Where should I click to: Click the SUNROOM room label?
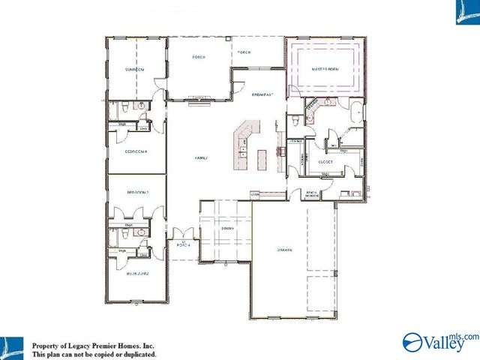click(135, 69)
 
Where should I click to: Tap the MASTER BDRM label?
click(326, 69)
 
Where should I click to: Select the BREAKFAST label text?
click(263, 95)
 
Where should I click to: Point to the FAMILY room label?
click(201, 158)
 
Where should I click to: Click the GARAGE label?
click(283, 250)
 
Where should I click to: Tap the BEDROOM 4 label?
click(136, 151)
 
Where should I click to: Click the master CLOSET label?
click(325, 161)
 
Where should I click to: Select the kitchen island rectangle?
click(262, 159)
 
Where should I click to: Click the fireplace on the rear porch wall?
click(199, 104)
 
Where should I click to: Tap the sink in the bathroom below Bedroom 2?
click(139, 233)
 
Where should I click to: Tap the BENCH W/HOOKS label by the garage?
click(310, 193)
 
